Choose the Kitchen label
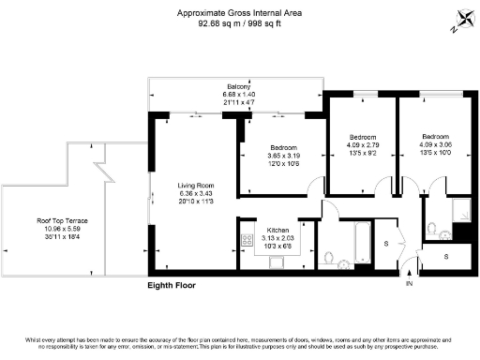click(277, 230)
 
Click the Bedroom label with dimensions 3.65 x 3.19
click(284, 148)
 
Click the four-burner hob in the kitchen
click(249, 241)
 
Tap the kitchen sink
click(277, 262)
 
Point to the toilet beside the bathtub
click(328, 256)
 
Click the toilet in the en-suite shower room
click(430, 228)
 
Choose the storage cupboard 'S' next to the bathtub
click(386, 244)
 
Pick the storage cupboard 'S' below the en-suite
click(446, 255)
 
